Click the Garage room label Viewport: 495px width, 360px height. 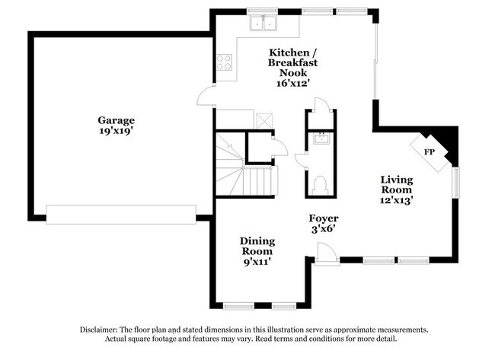[x=117, y=120]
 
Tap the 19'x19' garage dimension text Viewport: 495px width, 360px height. [x=116, y=131]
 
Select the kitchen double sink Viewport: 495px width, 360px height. [x=263, y=23]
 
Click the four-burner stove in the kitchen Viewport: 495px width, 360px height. [x=224, y=62]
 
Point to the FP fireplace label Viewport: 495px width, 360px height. [x=429, y=152]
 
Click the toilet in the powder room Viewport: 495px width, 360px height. [x=320, y=185]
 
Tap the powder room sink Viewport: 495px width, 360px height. [x=321, y=139]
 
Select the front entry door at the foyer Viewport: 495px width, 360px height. [x=327, y=253]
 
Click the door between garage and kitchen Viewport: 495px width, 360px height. [x=206, y=95]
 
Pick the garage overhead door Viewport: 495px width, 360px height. [x=121, y=215]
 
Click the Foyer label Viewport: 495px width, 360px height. [x=324, y=218]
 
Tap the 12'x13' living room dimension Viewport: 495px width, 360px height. [x=397, y=200]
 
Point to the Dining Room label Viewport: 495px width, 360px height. [x=257, y=246]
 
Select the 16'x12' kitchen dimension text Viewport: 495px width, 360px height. [x=292, y=83]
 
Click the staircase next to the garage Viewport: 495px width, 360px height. [x=246, y=164]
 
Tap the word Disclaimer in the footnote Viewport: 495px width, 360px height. [x=98, y=330]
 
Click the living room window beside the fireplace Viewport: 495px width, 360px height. [x=455, y=183]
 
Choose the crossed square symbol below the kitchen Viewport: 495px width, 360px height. [x=264, y=120]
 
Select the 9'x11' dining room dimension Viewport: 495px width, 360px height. [x=257, y=262]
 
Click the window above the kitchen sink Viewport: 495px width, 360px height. [x=262, y=11]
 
